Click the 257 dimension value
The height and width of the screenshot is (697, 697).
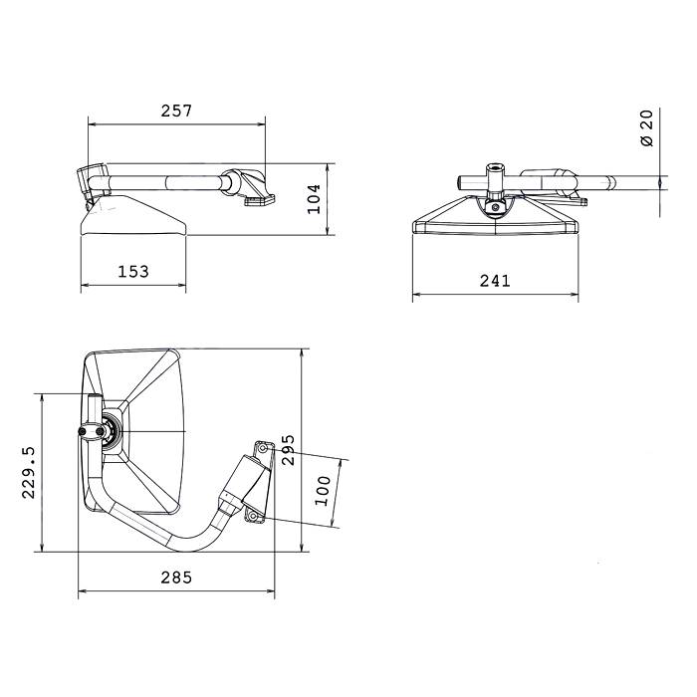click(x=176, y=111)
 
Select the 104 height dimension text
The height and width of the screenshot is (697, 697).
click(x=315, y=199)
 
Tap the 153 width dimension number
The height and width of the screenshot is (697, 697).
click(x=133, y=271)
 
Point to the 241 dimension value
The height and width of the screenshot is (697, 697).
click(x=495, y=281)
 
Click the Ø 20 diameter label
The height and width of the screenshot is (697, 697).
click(x=647, y=128)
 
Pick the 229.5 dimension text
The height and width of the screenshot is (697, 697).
click(x=29, y=473)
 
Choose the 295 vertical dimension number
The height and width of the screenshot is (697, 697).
click(x=289, y=450)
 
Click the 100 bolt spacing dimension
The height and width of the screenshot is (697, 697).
click(x=324, y=491)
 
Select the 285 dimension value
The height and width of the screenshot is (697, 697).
click(x=176, y=578)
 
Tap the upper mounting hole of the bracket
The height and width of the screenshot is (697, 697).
click(x=263, y=448)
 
